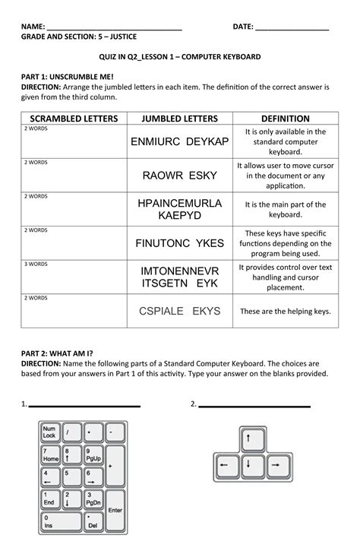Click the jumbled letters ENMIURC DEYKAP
click(x=179, y=142)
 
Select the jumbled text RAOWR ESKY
click(x=179, y=176)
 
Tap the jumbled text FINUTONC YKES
click(x=179, y=243)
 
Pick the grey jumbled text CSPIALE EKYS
click(x=179, y=311)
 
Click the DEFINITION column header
click(x=285, y=119)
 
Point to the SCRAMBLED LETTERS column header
click(x=74, y=119)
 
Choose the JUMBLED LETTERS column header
click(x=179, y=119)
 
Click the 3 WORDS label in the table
click(x=36, y=264)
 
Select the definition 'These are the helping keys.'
click(x=285, y=311)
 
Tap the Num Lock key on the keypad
click(x=50, y=432)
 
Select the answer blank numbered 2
click(x=258, y=405)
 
